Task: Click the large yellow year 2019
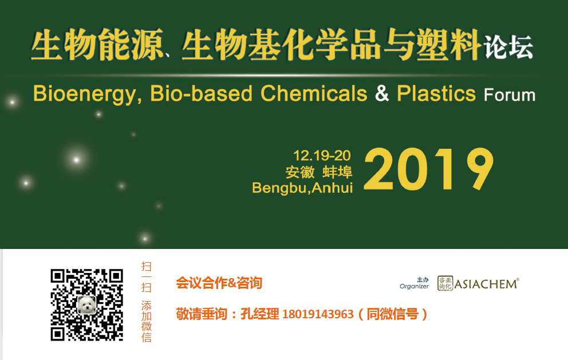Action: click(428, 170)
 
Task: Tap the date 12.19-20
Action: click(321, 155)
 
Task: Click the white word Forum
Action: click(509, 94)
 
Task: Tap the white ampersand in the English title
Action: click(381, 93)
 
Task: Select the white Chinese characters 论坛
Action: click(508, 48)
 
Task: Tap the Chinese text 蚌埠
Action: click(337, 172)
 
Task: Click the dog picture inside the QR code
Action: click(86, 304)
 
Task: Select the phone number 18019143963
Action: click(318, 314)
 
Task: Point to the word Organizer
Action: click(414, 286)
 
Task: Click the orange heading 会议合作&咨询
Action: click(219, 283)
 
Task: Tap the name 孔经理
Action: click(259, 314)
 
